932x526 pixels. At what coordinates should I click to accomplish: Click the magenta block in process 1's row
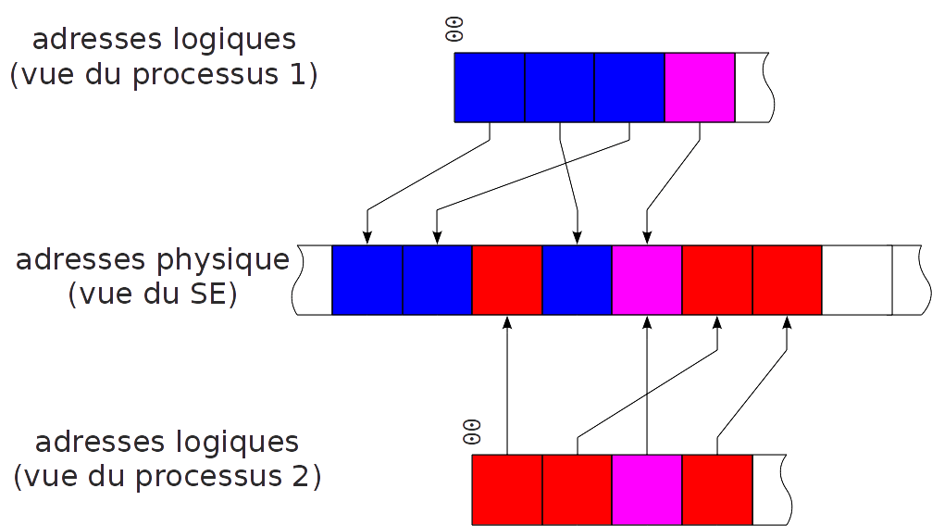(700, 87)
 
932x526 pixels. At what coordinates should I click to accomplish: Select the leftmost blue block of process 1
(490, 87)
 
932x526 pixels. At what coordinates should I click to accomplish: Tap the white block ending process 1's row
(752, 87)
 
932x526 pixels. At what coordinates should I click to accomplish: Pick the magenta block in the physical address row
(647, 280)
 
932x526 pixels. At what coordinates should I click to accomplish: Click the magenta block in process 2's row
(647, 489)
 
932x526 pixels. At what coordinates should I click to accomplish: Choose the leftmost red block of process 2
(507, 489)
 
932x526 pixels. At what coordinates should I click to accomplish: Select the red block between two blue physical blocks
(507, 280)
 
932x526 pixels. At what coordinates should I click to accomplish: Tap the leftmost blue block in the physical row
(367, 280)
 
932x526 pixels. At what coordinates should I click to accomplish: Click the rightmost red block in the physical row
(787, 280)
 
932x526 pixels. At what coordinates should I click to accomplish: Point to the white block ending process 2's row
(770, 489)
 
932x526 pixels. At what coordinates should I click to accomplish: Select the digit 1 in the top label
(295, 75)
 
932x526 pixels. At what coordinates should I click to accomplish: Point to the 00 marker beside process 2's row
(471, 432)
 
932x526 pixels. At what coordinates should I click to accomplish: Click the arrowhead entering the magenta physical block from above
(647, 238)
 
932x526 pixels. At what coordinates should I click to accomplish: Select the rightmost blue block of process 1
(629, 87)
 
